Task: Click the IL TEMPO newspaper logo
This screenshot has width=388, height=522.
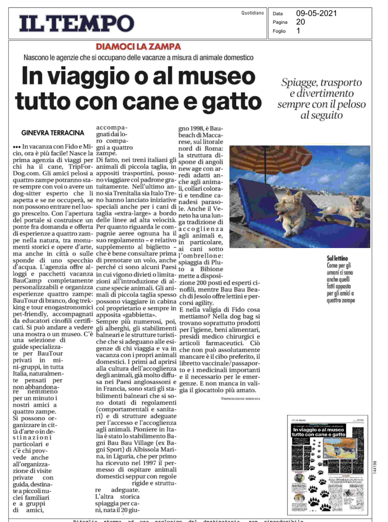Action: (x=77, y=24)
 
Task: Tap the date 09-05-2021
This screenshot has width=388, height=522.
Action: (x=316, y=13)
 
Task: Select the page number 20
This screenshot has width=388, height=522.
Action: (x=300, y=22)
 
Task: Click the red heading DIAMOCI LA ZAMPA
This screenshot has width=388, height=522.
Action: (x=138, y=47)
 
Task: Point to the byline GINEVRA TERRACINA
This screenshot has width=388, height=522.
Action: (x=53, y=133)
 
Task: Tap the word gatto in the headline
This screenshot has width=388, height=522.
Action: (x=231, y=101)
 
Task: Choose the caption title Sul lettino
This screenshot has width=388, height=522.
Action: (x=337, y=258)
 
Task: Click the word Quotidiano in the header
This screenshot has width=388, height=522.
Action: (x=252, y=13)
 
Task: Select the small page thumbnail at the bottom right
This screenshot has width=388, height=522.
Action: (x=327, y=465)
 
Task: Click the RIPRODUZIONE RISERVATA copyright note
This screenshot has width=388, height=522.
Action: (x=240, y=399)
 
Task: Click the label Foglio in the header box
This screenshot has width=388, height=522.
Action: (x=279, y=31)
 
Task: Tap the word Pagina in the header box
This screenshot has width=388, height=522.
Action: (x=280, y=22)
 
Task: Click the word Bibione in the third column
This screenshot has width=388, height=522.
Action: (x=211, y=269)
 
